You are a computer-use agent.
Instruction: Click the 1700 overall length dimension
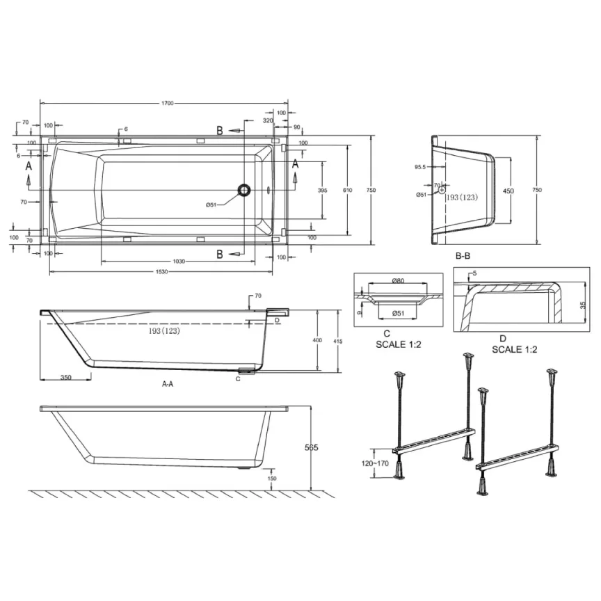tap(165, 103)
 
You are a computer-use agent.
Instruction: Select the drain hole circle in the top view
tap(243, 189)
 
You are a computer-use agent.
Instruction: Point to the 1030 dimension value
tap(179, 262)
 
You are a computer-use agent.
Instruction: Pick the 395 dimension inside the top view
tap(322, 191)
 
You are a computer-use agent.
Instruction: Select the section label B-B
tap(463, 257)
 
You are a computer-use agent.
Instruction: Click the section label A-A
tap(168, 383)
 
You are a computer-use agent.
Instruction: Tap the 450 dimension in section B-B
tap(509, 191)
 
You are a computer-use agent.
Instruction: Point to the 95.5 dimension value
tap(419, 167)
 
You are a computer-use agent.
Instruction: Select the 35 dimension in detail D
tap(582, 305)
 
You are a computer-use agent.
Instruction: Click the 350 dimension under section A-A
tap(65, 377)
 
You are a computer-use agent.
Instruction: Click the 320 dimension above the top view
tap(268, 120)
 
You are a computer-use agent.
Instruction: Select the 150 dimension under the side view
tap(272, 479)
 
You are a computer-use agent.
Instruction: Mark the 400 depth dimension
tap(318, 340)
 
